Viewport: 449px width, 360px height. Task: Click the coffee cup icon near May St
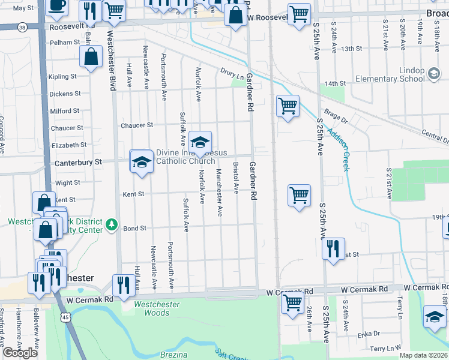(56, 6)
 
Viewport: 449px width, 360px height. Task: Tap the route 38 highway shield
(22, 28)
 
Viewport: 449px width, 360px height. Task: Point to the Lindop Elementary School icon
(433, 74)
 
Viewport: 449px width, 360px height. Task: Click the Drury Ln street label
(234, 77)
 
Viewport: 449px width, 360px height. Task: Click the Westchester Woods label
(157, 308)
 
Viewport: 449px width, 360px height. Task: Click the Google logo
(20, 353)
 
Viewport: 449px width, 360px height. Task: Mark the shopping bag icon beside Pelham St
(91, 57)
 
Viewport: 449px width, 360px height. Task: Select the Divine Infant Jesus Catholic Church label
(185, 157)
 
